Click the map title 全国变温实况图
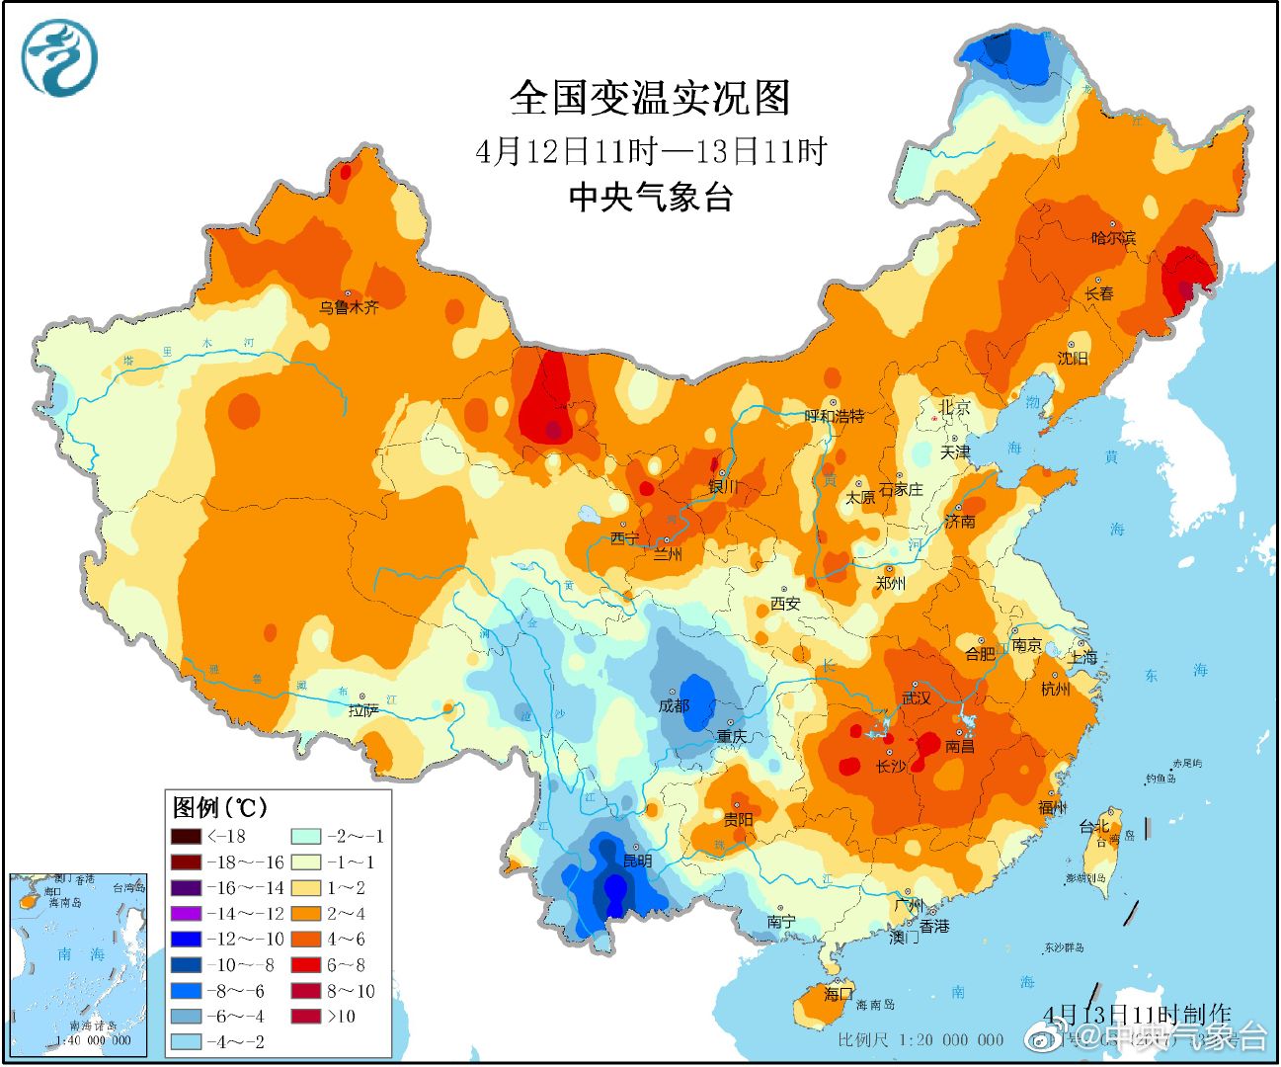point(650,98)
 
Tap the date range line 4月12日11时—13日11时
point(650,151)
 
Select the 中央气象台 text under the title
point(650,198)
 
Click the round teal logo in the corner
point(60,58)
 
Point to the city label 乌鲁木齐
point(348,307)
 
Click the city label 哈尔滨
point(1113,238)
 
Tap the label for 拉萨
point(363,710)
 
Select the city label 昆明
point(637,861)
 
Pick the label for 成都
point(674,705)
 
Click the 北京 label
point(954,406)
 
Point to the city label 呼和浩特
point(835,416)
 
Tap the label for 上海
point(1083,657)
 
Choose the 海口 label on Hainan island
point(838,994)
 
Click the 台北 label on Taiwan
point(1093,826)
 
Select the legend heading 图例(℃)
point(219,807)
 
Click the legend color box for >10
point(305,1017)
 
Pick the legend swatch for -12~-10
point(186,940)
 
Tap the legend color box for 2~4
point(305,914)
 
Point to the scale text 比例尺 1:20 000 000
point(921,1039)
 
